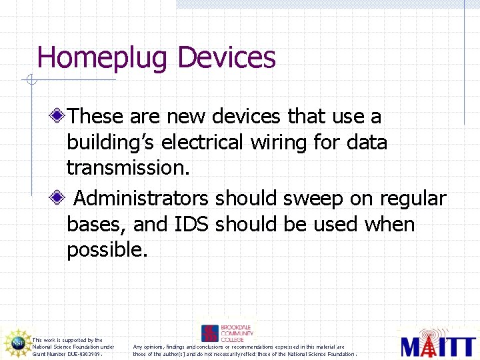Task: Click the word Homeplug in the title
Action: [103, 58]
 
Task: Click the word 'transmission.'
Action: [128, 168]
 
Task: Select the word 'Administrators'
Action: [141, 199]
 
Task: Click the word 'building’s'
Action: [111, 142]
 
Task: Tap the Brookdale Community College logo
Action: [227, 333]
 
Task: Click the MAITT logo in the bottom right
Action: [436, 343]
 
